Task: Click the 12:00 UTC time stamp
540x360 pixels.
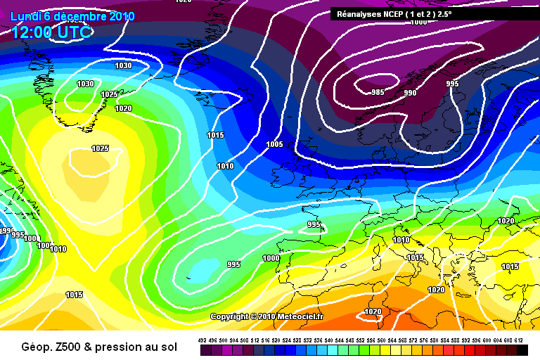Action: point(51,31)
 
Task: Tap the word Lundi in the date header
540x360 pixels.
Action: point(25,16)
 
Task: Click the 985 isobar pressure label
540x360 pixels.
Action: point(378,92)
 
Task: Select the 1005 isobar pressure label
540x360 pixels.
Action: point(274,144)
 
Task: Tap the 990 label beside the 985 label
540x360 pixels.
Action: point(411,93)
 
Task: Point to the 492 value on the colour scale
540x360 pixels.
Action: point(202,340)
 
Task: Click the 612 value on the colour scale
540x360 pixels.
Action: point(518,340)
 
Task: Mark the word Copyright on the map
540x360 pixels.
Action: point(230,317)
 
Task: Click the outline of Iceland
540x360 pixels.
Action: point(211,102)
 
